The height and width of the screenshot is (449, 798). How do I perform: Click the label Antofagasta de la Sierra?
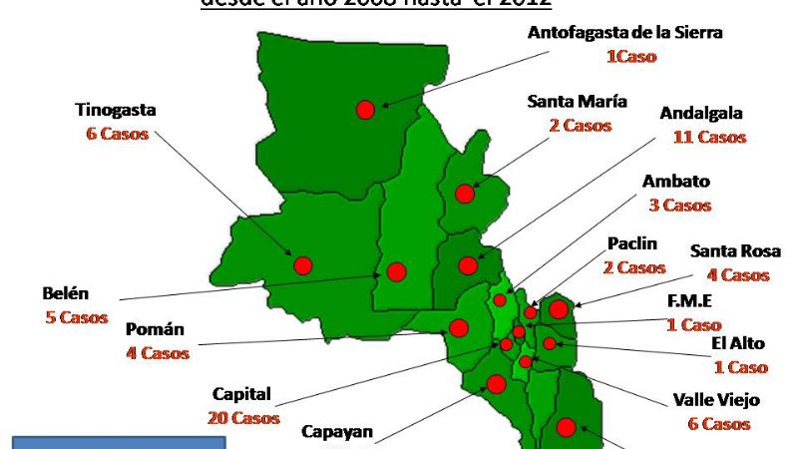pos(624,33)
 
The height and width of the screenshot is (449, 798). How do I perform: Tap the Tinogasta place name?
pos(116,110)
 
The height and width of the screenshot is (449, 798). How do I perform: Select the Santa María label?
pos(577,102)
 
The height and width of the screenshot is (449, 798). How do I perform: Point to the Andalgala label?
pos(701,114)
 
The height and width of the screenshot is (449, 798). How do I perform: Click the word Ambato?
pos(676,182)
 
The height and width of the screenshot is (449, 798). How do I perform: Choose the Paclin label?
pos(632,244)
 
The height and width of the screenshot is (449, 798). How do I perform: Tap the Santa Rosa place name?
pos(735,251)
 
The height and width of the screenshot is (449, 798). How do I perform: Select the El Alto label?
pos(739,344)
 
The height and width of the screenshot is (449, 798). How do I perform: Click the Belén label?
pos(66,294)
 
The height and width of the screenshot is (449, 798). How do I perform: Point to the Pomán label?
pos(155,330)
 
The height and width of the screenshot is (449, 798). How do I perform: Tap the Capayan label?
pos(337,433)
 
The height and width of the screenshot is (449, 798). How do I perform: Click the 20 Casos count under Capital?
pos(244,418)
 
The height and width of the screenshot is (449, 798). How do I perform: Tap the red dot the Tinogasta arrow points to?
pos(302,265)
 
